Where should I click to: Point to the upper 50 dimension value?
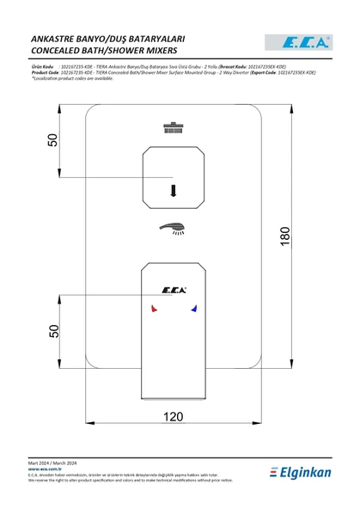click(x=53, y=140)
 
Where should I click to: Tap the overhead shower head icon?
click(x=174, y=130)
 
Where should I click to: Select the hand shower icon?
click(x=174, y=229)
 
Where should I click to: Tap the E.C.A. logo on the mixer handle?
click(x=174, y=289)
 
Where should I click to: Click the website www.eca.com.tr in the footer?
click(x=46, y=469)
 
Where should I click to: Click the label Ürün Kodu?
click(x=43, y=64)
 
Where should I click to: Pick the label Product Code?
click(x=45, y=72)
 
